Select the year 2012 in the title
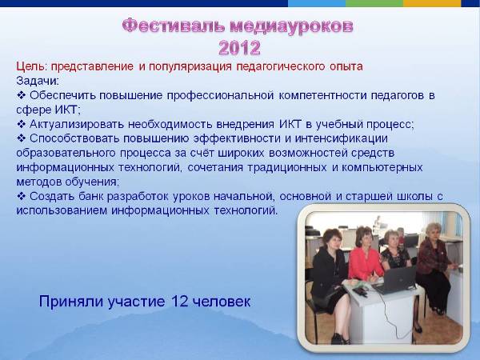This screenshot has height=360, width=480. point(239,46)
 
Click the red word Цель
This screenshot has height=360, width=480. point(30,66)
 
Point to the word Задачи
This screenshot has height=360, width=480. point(37,81)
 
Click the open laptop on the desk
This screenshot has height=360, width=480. point(396,280)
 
